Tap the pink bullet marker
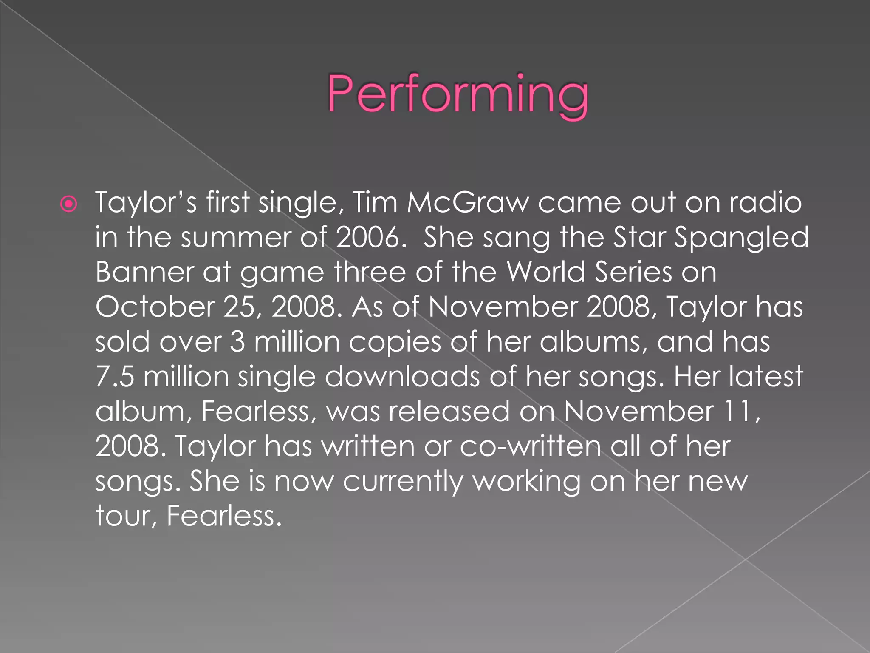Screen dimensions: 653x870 69,204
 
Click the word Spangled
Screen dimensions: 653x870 741,238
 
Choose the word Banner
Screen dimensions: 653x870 144,272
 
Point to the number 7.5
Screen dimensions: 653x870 115,377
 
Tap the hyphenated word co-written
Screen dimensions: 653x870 531,446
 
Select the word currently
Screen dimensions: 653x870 403,482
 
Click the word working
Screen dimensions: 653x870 526,482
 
